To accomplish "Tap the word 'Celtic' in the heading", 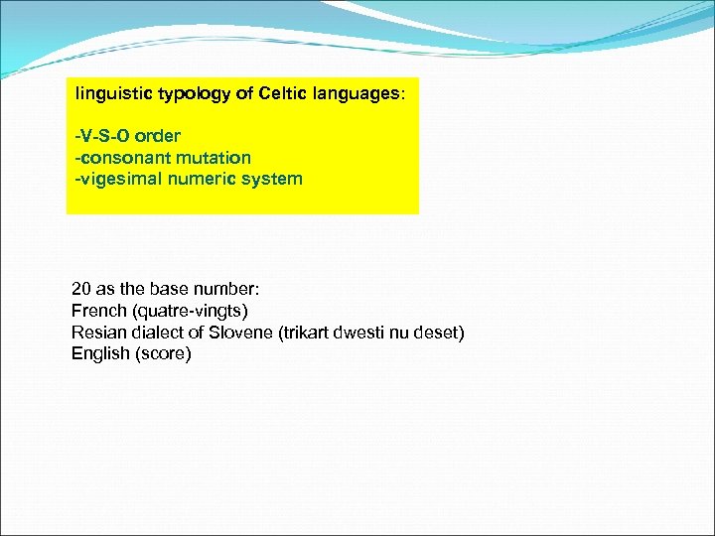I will pos(283,94).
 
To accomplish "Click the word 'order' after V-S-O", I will pos(157,136).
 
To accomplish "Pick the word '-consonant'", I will pos(114,158).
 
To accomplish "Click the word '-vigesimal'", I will pos(112,180).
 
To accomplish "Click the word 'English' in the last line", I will pos(99,354).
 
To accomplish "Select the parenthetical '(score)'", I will pos(162,354).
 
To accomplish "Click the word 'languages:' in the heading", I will pos(358,94).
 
